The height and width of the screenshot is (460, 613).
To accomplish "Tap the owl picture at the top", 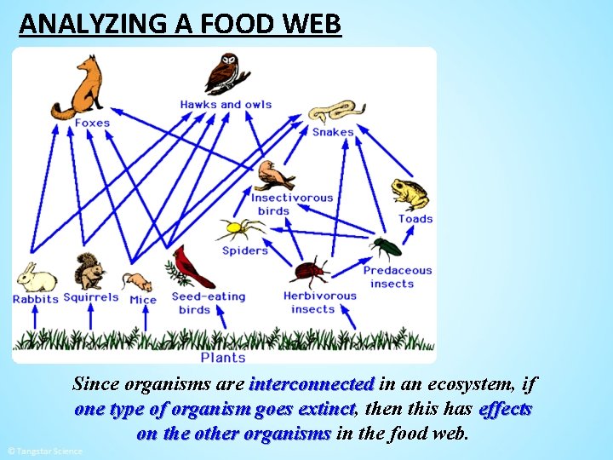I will (x=226, y=73).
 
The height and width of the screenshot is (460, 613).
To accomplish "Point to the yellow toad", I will (x=410, y=195).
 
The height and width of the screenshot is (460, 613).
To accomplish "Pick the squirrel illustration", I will (x=89, y=272).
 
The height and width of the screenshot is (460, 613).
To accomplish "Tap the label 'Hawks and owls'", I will (x=226, y=105).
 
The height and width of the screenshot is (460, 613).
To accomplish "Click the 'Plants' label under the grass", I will (x=223, y=358).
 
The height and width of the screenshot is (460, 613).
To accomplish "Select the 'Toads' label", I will (x=415, y=219).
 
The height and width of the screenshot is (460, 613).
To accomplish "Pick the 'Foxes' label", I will (x=92, y=123).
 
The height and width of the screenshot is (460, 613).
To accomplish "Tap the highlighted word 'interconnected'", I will (x=312, y=384).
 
